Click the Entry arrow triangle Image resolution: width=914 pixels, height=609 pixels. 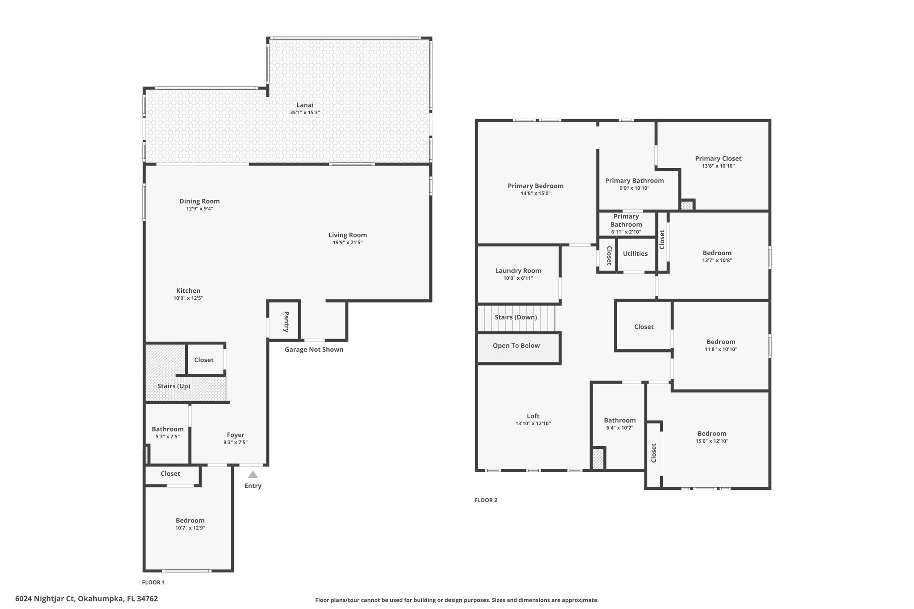[x=253, y=475]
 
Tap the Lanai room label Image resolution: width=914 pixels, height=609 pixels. [x=305, y=105]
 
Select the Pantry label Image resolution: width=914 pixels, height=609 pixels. [x=287, y=322]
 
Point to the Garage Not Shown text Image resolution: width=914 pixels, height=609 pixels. [x=314, y=349]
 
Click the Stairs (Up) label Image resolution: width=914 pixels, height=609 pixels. [x=174, y=386]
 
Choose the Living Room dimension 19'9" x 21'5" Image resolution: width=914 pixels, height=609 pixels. [x=348, y=243]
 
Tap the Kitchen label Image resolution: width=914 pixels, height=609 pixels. [x=188, y=291]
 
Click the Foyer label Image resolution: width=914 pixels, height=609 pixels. [x=236, y=435]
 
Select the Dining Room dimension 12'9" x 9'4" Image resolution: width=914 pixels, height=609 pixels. [x=199, y=209]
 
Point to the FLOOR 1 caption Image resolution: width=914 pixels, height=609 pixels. [x=154, y=582]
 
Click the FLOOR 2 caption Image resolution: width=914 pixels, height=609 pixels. [x=486, y=500]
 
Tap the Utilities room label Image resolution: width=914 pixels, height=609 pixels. [x=635, y=254]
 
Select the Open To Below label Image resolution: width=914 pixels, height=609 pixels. [x=516, y=346]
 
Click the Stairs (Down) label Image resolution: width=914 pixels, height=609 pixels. [x=516, y=317]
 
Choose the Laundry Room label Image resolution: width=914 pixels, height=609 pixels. [x=518, y=271]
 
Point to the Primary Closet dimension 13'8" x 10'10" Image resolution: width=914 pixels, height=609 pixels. [x=718, y=166]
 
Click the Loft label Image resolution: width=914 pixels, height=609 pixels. [x=533, y=416]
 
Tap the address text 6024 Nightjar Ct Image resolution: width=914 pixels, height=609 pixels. [x=45, y=599]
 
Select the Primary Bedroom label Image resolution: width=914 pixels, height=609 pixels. [x=536, y=186]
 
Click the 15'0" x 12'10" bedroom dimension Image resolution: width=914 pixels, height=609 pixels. [x=712, y=441]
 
